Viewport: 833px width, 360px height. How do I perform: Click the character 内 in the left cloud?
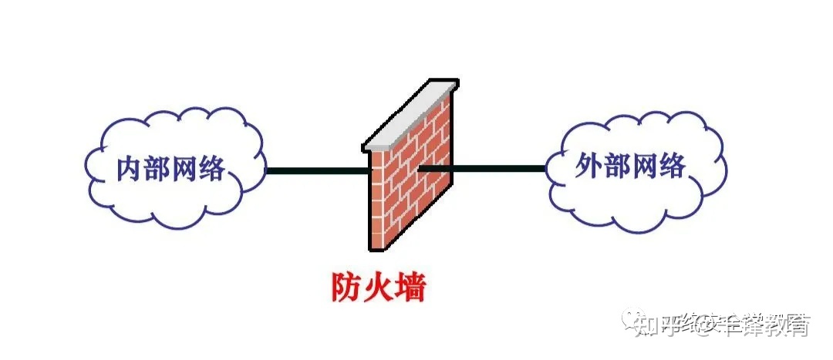click(130, 169)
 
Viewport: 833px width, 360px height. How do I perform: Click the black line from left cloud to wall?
click(316, 170)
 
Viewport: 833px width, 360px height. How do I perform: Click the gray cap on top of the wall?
click(409, 116)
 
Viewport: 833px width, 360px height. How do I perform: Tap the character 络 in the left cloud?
click(210, 169)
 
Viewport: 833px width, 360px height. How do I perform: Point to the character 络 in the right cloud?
click(670, 167)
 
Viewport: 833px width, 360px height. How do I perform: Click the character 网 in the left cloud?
click(183, 169)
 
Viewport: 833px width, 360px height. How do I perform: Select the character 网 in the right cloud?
click(642, 167)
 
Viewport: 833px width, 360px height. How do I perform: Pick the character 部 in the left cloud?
click(156, 169)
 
